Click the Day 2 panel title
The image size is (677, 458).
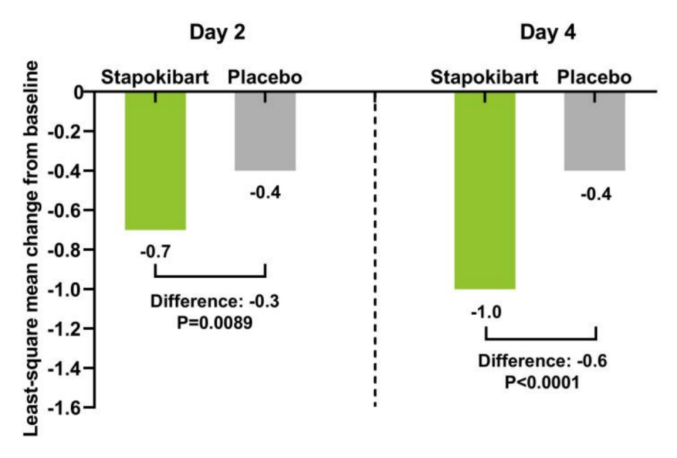218,33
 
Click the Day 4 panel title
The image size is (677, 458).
547,33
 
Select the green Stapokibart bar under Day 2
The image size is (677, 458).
155,163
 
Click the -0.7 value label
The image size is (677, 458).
155,252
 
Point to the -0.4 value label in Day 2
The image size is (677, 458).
265,192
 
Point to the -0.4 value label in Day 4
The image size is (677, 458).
594,194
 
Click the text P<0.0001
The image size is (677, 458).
543,382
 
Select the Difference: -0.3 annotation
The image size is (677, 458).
215,301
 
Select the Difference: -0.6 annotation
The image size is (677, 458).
543,362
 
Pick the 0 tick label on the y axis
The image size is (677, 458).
79,92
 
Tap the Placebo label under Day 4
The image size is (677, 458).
594,78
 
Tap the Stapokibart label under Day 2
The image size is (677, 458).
155,78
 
